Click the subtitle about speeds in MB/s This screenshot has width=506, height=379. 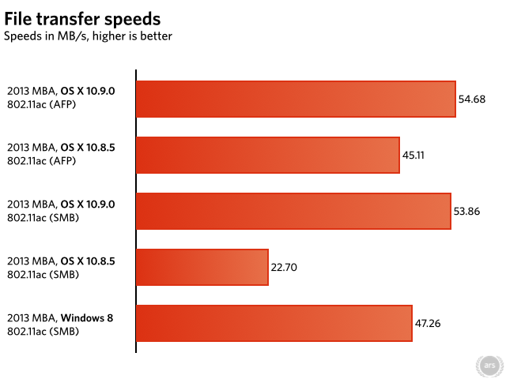point(89,36)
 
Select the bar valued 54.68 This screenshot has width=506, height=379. point(296,99)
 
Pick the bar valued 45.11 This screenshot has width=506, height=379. point(268,155)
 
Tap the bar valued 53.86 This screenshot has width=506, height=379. point(293,211)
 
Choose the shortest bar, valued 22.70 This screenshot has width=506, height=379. point(202,267)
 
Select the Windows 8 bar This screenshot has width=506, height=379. point(274,323)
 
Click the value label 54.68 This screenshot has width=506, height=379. point(472,99)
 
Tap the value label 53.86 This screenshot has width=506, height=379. point(467,211)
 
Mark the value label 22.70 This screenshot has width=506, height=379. point(284,267)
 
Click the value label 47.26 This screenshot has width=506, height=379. point(428,323)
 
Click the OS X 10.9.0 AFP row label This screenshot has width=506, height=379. point(61,98)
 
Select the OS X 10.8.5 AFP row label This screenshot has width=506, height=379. point(61,154)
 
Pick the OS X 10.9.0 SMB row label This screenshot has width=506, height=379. point(61,210)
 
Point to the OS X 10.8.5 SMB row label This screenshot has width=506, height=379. point(61,266)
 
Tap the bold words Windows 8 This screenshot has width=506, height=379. point(87,317)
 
